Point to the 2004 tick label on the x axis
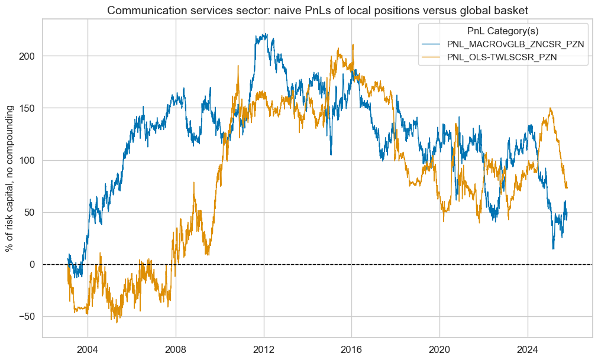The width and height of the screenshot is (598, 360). (88, 348)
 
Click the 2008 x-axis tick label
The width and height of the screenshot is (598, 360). (176, 348)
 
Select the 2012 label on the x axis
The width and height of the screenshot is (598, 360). (264, 348)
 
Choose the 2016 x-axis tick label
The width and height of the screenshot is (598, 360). (352, 348)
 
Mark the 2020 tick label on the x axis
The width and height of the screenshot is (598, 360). (440, 348)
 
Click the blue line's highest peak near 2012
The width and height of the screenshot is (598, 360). (266, 34)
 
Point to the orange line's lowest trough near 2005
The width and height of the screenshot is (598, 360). (117, 322)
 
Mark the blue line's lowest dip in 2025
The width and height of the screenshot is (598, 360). (553, 249)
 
